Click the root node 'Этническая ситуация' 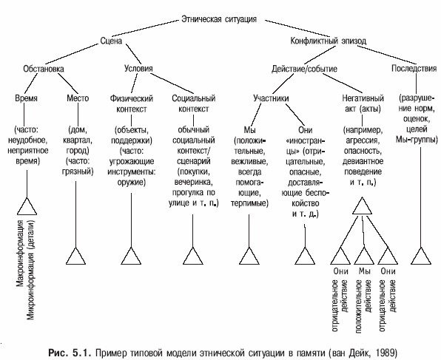click(219, 19)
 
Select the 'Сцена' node click(111, 41)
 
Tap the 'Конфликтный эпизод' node click(328, 41)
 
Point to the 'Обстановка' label click(44, 69)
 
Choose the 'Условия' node click(138, 68)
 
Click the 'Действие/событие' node click(304, 69)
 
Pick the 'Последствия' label click(414, 68)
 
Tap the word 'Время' click(26, 98)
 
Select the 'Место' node click(78, 98)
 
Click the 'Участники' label click(271, 98)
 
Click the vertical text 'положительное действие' click(363, 306)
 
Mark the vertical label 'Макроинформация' click(20, 254)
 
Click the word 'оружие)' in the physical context click(132, 183)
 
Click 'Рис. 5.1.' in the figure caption click(70, 353)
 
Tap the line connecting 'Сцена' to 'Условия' click(133, 54)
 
